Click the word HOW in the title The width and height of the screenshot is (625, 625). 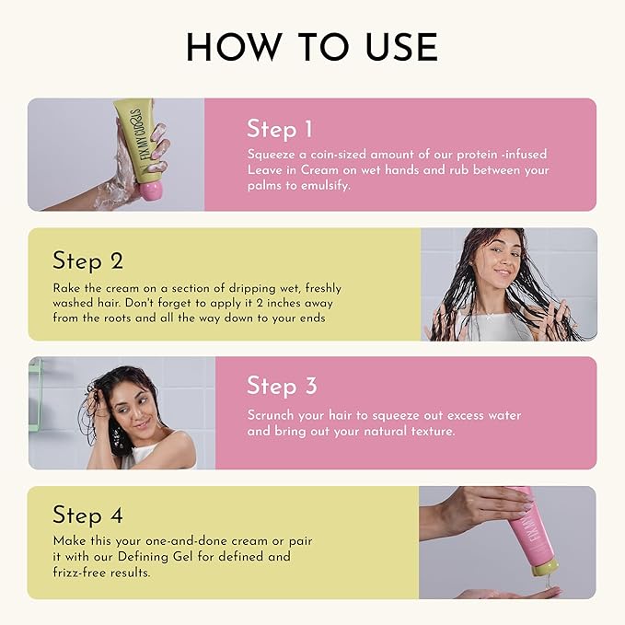(234, 47)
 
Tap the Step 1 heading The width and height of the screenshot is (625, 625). (280, 129)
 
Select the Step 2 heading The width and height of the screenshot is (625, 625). (87, 261)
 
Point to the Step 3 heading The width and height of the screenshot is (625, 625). (282, 386)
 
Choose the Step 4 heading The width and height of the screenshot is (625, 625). (87, 515)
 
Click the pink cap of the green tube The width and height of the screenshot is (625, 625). (150, 191)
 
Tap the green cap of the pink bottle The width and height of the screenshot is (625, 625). (545, 568)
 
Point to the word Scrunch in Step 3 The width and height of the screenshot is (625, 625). (271, 415)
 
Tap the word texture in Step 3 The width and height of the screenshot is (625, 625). (434, 432)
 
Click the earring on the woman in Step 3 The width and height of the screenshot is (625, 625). (119, 436)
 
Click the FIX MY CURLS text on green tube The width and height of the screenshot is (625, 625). (143, 134)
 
